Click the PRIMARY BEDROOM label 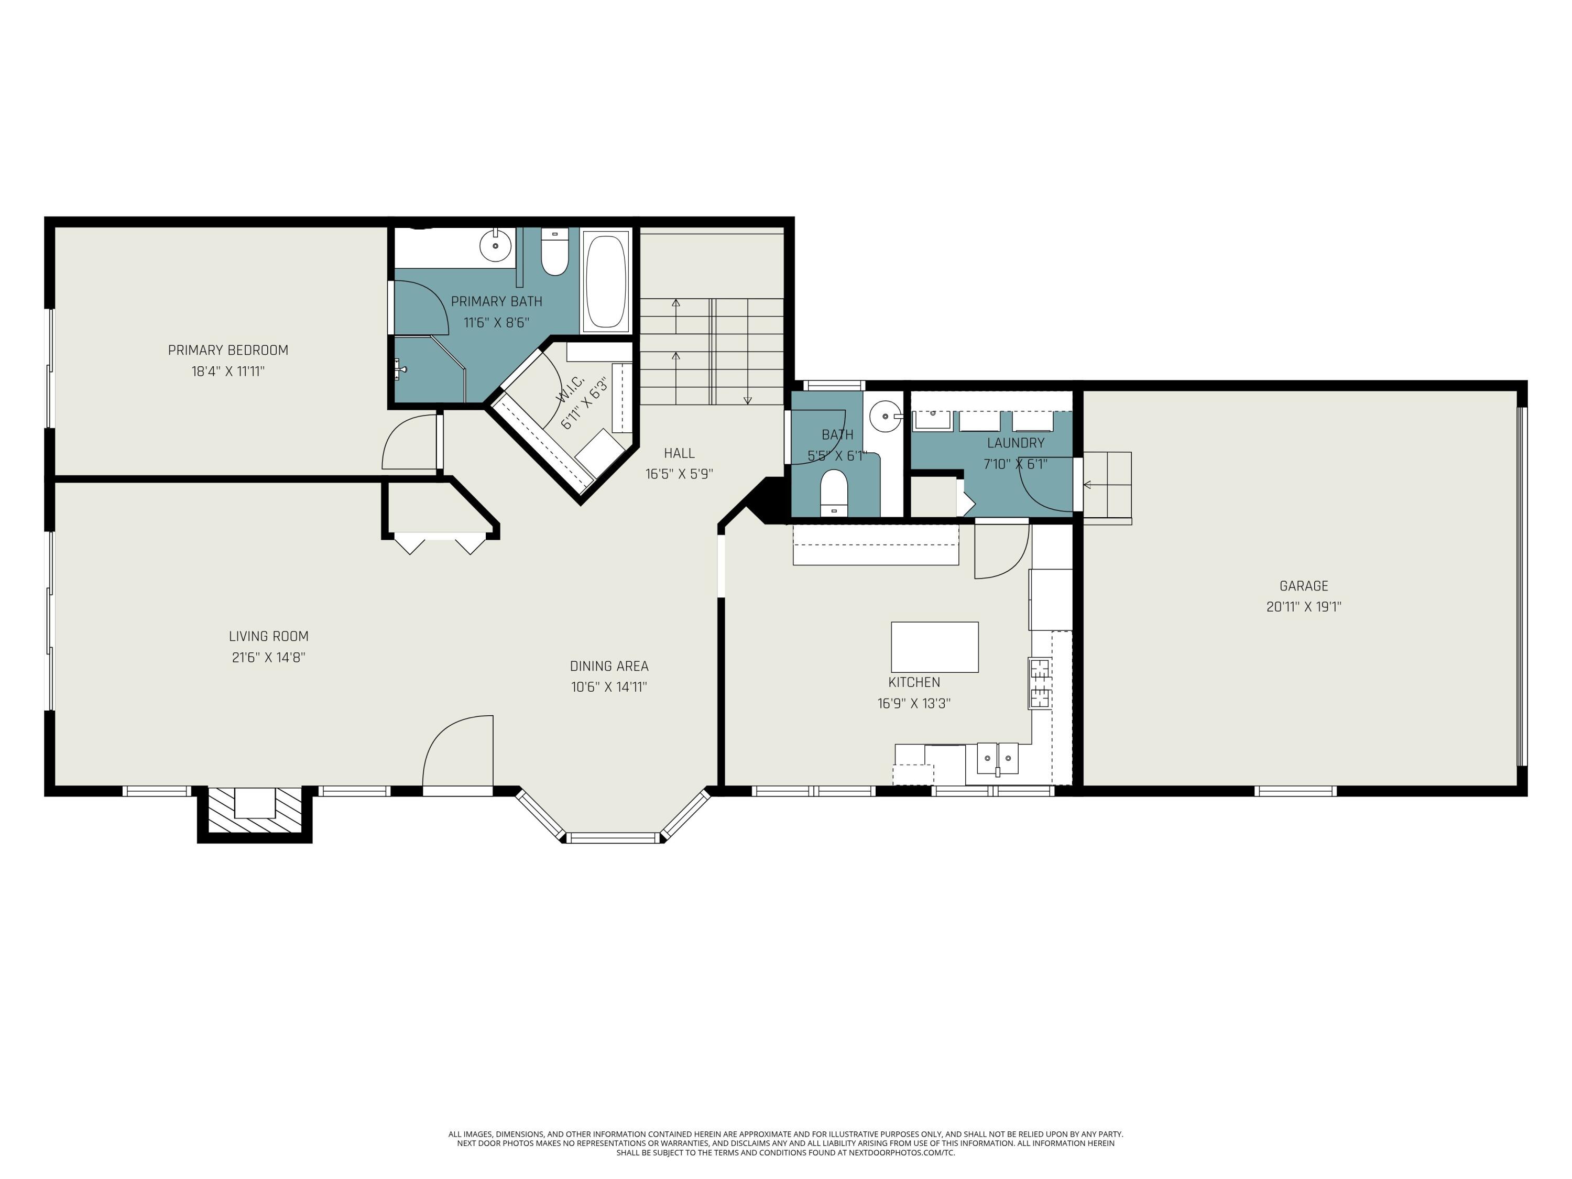coord(228,350)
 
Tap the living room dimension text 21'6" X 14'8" coord(269,658)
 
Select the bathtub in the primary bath coord(606,281)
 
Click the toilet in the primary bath coord(555,255)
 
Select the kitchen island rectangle coord(934,647)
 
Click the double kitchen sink coord(997,758)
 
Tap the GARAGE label coord(1303,586)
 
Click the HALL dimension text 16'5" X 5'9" coord(679,474)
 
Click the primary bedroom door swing coord(410,442)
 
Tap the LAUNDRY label coord(1015,443)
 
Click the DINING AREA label coord(609,666)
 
